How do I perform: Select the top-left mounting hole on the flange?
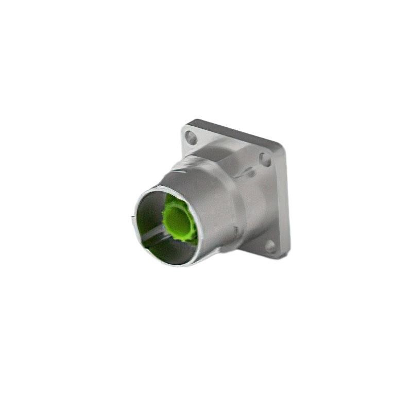pyautogui.click(x=191, y=138)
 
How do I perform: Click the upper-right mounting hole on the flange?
pyautogui.click(x=265, y=159)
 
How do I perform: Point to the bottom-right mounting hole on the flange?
pyautogui.click(x=270, y=246)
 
